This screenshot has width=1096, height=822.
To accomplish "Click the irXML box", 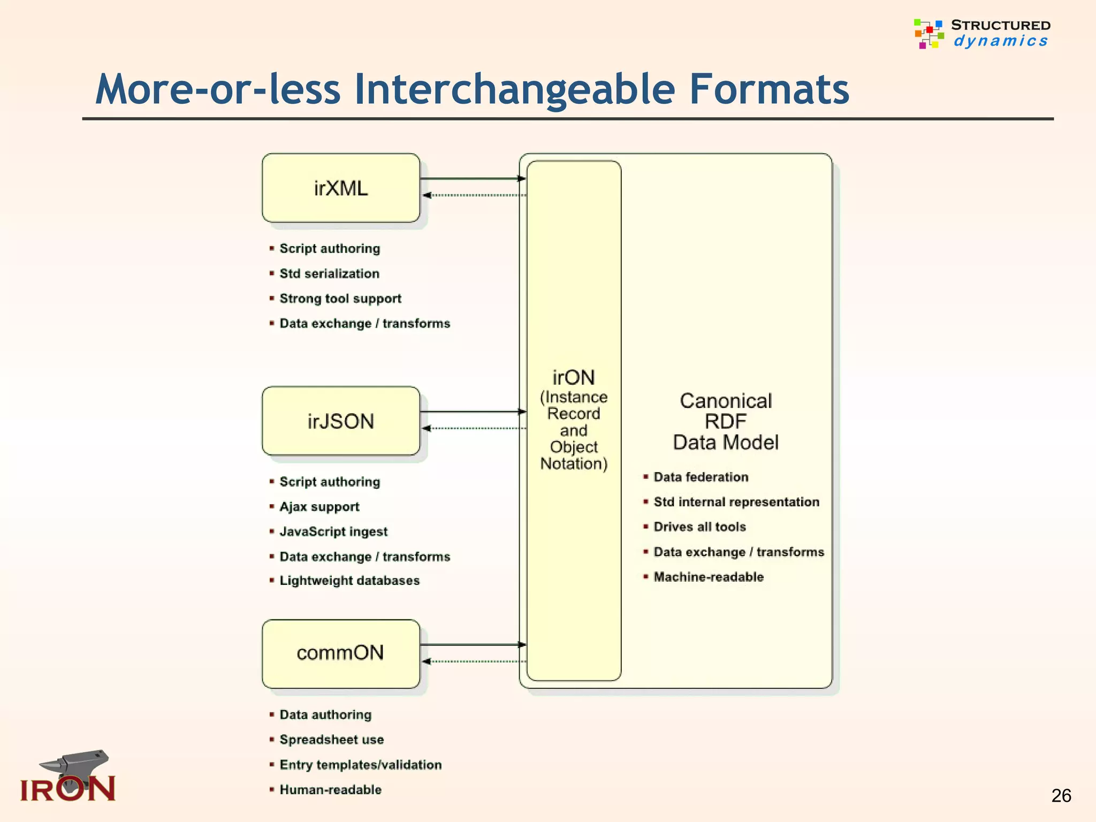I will click(341, 188).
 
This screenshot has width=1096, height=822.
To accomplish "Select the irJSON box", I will click(341, 421).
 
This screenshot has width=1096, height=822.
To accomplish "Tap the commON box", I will click(341, 653).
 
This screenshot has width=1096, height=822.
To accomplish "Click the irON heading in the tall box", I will click(574, 378).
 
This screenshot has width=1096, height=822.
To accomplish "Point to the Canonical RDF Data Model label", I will click(726, 422).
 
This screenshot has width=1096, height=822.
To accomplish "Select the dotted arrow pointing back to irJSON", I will click(473, 428).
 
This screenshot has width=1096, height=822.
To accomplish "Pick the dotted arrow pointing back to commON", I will click(473, 661).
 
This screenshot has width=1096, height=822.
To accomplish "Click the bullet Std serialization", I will click(329, 273).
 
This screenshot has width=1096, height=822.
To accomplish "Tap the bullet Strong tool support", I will click(340, 299).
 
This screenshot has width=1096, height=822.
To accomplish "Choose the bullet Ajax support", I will click(319, 507).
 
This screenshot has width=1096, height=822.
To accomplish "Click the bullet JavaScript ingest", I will click(333, 532).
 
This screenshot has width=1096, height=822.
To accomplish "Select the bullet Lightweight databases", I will click(349, 581).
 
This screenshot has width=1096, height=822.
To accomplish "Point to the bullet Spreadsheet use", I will click(332, 740).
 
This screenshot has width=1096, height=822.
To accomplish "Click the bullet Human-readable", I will click(330, 790).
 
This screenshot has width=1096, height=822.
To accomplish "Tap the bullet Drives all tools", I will click(699, 527).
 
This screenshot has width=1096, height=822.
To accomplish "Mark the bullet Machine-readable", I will click(709, 577).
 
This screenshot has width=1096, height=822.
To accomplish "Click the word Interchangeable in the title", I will click(514, 89).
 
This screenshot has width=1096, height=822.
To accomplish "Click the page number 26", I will click(1061, 796).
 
